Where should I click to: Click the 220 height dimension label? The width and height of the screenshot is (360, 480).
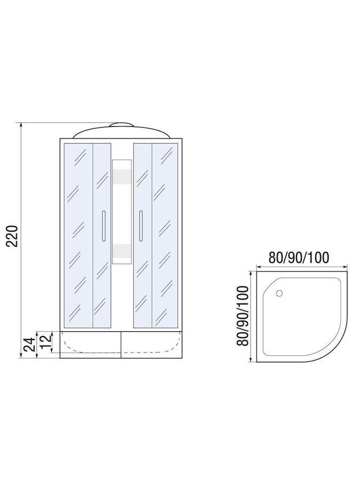pyautogui.click(x=13, y=236)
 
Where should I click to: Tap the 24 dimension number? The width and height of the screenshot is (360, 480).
pyautogui.click(x=28, y=345)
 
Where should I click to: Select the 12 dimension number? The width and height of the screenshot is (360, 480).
pyautogui.click(x=44, y=341)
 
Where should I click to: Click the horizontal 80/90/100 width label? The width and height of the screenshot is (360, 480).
pyautogui.click(x=299, y=258)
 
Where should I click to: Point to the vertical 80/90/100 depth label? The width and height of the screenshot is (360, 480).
pyautogui.click(x=243, y=316)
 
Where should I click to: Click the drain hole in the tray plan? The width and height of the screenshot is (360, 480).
pyautogui.click(x=279, y=293)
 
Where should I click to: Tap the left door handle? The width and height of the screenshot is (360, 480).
pyautogui.click(x=103, y=225)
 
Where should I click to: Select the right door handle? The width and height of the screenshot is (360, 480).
pyautogui.click(x=141, y=225)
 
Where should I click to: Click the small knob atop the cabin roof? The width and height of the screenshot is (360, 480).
pyautogui.click(x=122, y=124)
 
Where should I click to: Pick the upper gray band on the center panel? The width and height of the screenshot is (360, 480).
pyautogui.click(x=122, y=177)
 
